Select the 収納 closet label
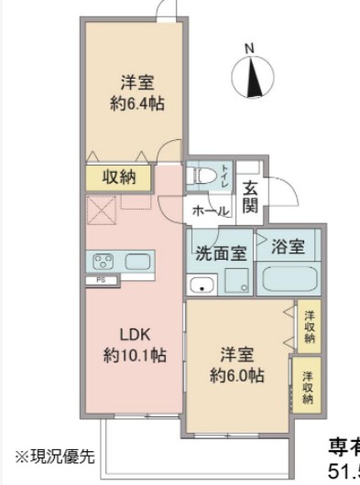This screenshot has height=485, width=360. (x=119, y=177)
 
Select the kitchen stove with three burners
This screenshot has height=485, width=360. (x=103, y=261)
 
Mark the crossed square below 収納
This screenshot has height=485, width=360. (x=102, y=212)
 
